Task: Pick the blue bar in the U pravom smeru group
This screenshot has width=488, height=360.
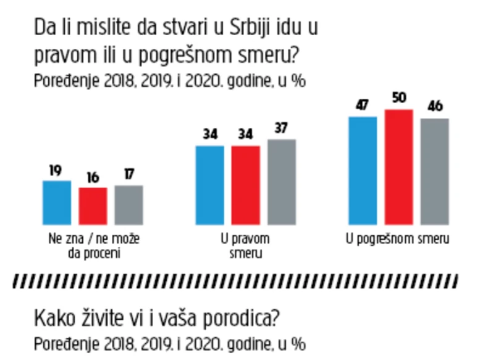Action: (210, 185)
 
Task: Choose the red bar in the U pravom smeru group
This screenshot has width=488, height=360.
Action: (245, 185)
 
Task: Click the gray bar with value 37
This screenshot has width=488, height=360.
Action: (282, 182)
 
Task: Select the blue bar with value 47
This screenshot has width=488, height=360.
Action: (363, 170)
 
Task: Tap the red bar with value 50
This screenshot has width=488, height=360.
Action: (398, 167)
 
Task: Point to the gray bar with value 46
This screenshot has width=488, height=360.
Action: (434, 171)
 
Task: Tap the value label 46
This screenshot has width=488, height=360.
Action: (435, 107)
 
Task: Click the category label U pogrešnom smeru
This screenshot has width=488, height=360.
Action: (397, 238)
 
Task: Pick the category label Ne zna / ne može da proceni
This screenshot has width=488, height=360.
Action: (92, 245)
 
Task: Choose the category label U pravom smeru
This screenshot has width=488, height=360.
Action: (245, 245)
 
